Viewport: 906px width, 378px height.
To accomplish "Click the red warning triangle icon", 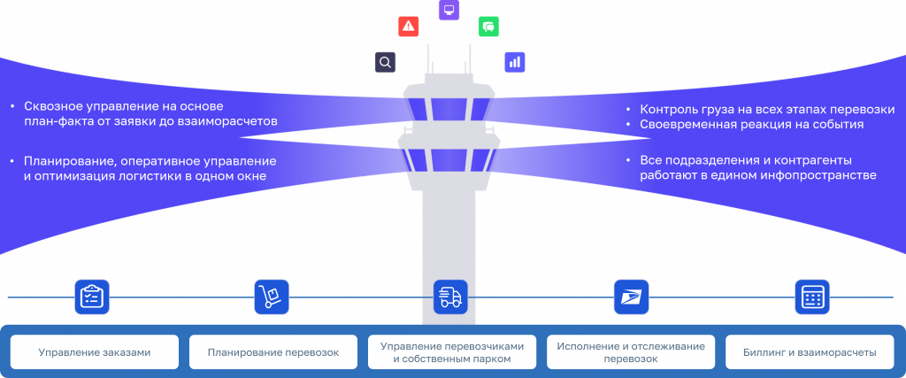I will pyautogui.click(x=408, y=26).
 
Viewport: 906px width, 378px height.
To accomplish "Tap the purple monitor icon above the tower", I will pyautogui.click(x=449, y=11).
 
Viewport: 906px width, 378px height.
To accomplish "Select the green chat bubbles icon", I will pyautogui.click(x=489, y=27).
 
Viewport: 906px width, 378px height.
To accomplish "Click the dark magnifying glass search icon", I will pyautogui.click(x=385, y=62).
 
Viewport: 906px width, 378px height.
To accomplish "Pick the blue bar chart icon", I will pyautogui.click(x=515, y=62).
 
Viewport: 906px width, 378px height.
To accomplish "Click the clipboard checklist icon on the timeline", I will pyautogui.click(x=92, y=297).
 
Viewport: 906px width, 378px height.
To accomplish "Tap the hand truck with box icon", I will pyautogui.click(x=272, y=297).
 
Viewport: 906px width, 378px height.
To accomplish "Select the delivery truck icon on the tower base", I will pyautogui.click(x=450, y=297).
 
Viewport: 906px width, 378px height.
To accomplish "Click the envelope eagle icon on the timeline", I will pyautogui.click(x=631, y=297).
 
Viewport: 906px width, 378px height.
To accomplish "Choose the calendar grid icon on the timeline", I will pyautogui.click(x=810, y=297).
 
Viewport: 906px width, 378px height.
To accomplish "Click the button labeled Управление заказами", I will pyautogui.click(x=95, y=352).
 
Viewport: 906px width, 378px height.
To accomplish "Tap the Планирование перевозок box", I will pyautogui.click(x=273, y=352).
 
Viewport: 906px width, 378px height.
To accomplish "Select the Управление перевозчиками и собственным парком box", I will pyautogui.click(x=452, y=352).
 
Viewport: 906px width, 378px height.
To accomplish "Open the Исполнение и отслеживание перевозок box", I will pyautogui.click(x=631, y=352).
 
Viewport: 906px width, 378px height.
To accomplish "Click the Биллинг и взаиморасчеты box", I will pyautogui.click(x=810, y=352).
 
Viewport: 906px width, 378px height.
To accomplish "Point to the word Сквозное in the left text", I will pyautogui.click(x=52, y=105).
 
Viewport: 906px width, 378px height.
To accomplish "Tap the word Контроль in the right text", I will pyautogui.click(x=668, y=109).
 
